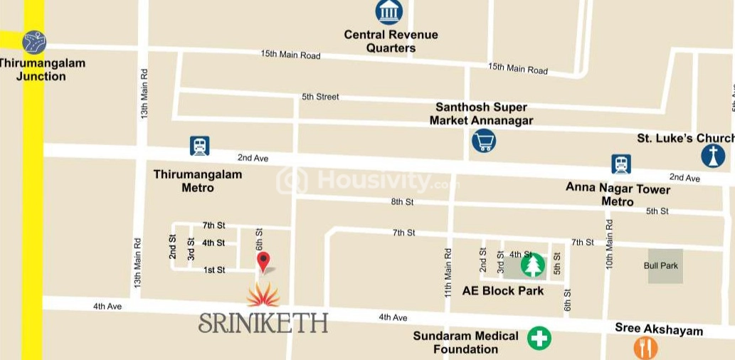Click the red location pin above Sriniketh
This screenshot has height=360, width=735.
pos(263,261)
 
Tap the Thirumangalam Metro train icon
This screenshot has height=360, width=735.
pos(200,147)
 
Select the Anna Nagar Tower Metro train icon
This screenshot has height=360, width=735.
pos(621,164)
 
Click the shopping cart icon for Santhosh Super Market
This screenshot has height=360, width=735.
pos(484,140)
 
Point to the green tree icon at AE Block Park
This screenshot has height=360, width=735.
pos(532,265)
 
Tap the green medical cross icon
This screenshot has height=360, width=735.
pos(539,339)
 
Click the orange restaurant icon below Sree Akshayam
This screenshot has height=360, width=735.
pos(645,348)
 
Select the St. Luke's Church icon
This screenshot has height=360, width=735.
pos(713,156)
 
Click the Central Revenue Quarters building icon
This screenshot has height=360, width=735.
pos(389,11)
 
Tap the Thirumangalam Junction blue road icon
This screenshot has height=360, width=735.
pos(33,42)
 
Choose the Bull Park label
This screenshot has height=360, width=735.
pos(661,266)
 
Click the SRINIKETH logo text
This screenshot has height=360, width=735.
pos(263,322)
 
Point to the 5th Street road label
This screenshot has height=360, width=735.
pos(320,97)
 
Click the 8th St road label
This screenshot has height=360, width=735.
pos(402,202)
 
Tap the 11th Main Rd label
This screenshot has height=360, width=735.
pos(448,272)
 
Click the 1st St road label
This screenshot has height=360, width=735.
pos(214,270)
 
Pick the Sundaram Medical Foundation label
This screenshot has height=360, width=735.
pos(465,342)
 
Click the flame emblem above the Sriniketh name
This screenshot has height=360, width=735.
pos(263,293)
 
